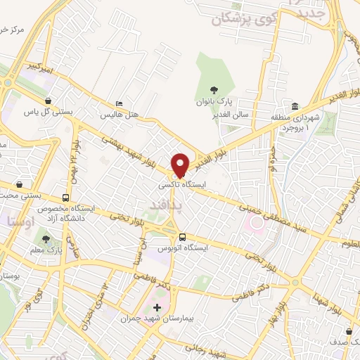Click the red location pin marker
click(181, 165)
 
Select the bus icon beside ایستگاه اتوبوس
click(182, 237)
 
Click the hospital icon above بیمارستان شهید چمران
click(157, 308)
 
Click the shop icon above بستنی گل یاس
click(47, 101)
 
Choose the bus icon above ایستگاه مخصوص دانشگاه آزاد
click(65, 198)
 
